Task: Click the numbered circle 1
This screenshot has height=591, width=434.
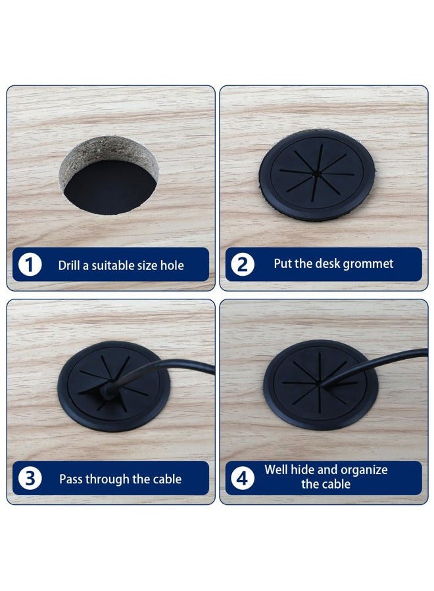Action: pos(30,265)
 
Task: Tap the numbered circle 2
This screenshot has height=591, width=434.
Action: pos(242,265)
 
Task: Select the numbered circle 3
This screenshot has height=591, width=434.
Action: pos(30,478)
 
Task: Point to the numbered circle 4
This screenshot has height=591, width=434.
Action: pos(242,478)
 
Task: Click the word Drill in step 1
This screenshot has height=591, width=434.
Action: pos(69,265)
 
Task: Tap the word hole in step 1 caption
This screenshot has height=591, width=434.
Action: pos(172,265)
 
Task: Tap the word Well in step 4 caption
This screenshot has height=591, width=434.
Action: pos(274,470)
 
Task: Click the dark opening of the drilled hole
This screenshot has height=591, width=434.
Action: pos(110,188)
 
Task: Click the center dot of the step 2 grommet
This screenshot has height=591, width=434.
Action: pos(316,175)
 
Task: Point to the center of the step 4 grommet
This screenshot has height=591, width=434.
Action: pos(320,384)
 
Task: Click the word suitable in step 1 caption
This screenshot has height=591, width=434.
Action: pos(108,265)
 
